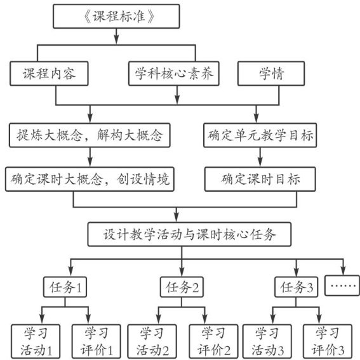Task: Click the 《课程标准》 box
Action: click(x=116, y=17)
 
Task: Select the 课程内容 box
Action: click(x=49, y=74)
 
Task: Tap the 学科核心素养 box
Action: click(x=174, y=74)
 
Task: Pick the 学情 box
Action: click(x=271, y=74)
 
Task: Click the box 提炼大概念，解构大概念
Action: click(x=90, y=135)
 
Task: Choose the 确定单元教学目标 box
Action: click(x=260, y=135)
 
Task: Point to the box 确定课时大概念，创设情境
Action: click(x=90, y=179)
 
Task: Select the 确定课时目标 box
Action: click(x=260, y=179)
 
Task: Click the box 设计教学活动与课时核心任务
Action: click(x=189, y=234)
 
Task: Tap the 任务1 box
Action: click(x=65, y=287)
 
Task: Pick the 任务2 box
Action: click(x=182, y=287)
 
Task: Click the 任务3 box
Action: click(x=296, y=287)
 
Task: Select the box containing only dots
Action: click(x=342, y=285)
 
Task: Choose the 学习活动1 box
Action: click(x=36, y=342)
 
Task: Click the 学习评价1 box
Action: click(x=97, y=342)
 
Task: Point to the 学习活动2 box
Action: click(x=152, y=342)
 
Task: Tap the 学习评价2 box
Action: click(x=213, y=342)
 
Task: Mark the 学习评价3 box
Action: click(x=328, y=342)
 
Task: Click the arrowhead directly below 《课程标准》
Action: click(x=116, y=39)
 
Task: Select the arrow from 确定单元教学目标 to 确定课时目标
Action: click(x=260, y=157)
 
